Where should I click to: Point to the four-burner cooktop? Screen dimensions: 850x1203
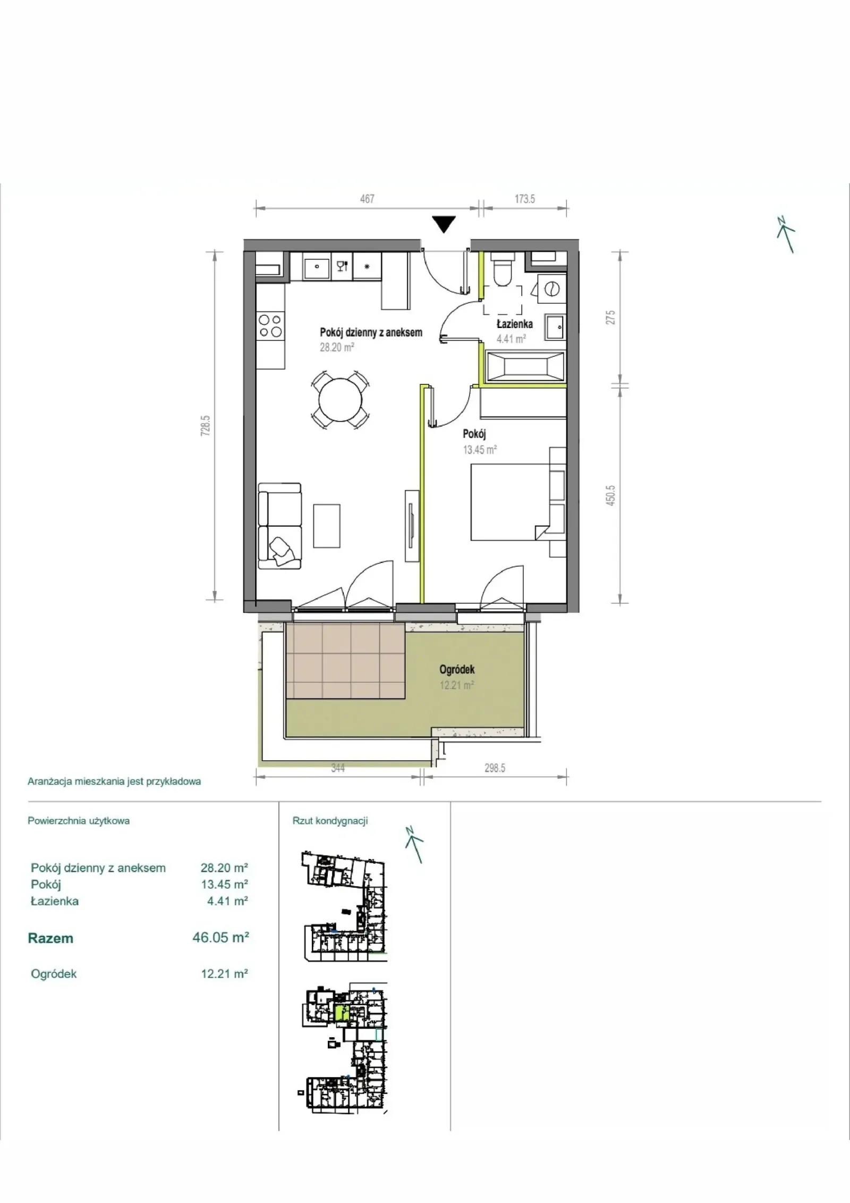(270, 326)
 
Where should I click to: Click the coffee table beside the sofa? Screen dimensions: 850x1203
(327, 525)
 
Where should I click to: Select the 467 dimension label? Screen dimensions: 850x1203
(367, 199)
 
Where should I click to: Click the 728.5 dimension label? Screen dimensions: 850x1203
(206, 425)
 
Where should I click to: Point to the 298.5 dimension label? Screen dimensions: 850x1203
(495, 768)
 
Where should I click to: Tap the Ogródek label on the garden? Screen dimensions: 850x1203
(457, 669)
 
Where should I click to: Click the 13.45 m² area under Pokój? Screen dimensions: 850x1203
(480, 449)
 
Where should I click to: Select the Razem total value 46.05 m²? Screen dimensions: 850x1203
(220, 937)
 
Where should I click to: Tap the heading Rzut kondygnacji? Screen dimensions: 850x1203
(330, 821)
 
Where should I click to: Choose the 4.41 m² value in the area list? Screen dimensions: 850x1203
(228, 901)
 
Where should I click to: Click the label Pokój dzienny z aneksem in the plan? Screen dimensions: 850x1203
(371, 332)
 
